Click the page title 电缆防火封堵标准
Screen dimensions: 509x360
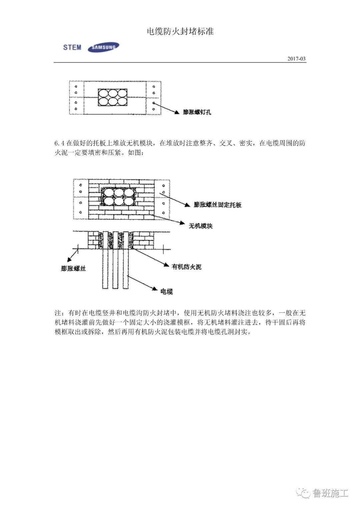point(180,31)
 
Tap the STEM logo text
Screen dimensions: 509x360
point(72,47)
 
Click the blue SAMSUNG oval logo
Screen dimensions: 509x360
point(103,47)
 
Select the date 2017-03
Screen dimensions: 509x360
point(296,59)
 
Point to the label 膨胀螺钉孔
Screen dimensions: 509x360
point(197,112)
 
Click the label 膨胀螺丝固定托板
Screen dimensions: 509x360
point(218,205)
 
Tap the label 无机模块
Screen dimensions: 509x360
point(200,226)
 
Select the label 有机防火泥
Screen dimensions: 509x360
point(186,267)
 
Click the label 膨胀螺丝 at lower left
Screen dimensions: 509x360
point(73,268)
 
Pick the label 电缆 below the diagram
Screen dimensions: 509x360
point(167,292)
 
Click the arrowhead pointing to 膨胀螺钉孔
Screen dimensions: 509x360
point(177,112)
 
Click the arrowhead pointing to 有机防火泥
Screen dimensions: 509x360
point(166,264)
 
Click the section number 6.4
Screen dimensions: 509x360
point(59,143)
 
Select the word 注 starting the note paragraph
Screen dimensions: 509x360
point(58,313)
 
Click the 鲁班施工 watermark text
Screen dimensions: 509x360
point(330,493)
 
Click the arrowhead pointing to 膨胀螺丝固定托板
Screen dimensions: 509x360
point(187,205)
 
